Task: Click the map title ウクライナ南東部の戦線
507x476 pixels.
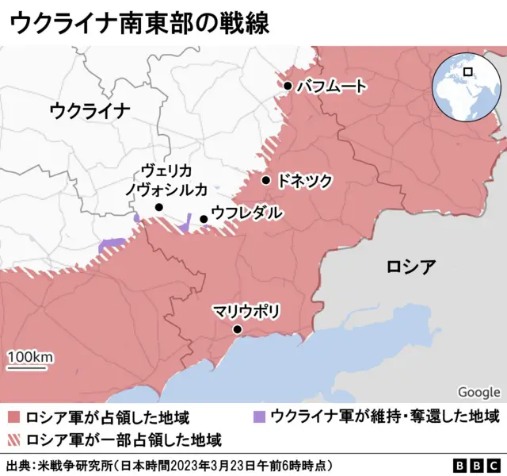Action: coord(139,22)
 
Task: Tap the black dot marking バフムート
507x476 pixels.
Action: coord(288,86)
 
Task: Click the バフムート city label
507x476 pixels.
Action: coord(331,86)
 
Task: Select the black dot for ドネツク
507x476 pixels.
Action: coord(265,180)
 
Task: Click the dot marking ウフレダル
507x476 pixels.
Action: coord(204,219)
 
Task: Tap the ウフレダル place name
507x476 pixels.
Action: coord(246,213)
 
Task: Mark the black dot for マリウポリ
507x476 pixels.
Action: coord(236,329)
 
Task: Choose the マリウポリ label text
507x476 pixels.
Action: coord(246,312)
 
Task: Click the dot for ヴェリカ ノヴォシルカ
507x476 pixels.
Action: coord(158,207)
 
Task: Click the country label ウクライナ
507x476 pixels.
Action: coord(89,110)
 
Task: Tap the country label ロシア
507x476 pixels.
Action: coord(410,267)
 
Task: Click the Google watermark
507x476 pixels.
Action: coord(478,392)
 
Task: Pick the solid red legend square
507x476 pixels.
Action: coord(13,417)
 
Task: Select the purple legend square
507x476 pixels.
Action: coord(258,417)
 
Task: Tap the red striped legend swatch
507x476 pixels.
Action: coord(13,439)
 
